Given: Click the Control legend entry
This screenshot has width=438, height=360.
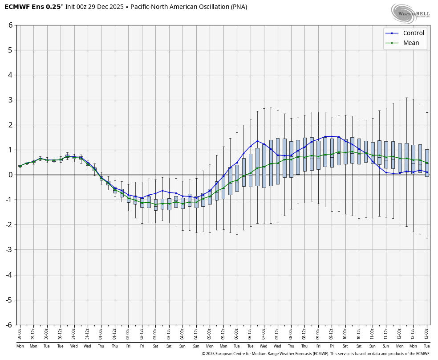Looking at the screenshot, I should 413,33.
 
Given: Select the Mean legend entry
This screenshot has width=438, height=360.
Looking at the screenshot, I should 411,43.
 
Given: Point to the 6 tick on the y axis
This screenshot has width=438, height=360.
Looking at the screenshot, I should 10,25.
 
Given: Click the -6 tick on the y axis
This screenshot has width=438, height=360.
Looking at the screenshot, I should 9,325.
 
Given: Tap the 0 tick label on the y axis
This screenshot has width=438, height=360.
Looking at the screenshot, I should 10,175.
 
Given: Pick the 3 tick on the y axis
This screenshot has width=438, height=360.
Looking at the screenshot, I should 10,100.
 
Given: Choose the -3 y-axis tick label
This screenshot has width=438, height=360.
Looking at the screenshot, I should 9,250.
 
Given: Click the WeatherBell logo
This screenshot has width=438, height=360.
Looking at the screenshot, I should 410,13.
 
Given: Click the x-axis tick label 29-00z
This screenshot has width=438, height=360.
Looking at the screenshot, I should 20,332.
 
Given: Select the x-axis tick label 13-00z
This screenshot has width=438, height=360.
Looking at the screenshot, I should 427,332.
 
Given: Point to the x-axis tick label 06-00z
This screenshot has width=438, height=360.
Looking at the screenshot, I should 237,332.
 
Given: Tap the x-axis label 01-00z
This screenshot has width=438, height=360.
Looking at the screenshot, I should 101,332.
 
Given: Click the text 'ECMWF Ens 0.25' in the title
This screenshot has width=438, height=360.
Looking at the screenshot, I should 33,7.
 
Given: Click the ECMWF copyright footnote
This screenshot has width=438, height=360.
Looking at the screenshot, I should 316,354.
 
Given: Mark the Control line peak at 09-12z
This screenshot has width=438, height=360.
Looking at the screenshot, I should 332,136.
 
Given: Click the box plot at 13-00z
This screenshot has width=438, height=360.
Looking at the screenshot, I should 427,163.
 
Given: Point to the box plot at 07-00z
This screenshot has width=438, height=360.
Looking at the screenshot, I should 264,166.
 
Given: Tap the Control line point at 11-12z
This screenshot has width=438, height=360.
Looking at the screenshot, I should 386,172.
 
